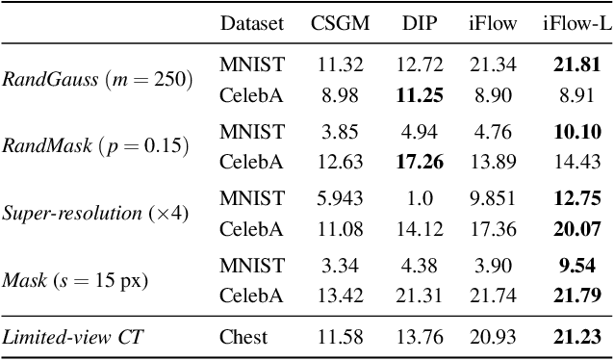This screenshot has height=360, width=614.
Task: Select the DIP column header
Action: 418,23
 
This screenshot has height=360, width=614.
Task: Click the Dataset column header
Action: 251,23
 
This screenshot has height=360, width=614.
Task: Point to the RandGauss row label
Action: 96,79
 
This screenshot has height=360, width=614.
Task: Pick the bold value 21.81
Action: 576,64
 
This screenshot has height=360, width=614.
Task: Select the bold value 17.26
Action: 420,161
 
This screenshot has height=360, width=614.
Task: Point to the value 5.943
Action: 339,199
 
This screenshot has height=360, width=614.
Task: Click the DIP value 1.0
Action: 420,199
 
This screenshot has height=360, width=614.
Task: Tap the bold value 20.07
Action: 576,228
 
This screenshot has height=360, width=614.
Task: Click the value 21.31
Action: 420,296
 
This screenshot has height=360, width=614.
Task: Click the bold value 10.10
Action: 576,132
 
